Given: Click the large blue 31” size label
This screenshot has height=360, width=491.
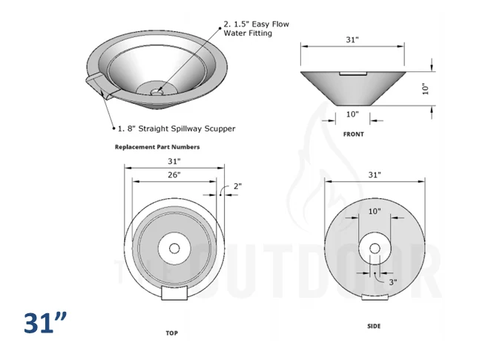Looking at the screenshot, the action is pos(45,322).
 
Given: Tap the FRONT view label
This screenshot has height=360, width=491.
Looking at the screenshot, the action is pos(354,134).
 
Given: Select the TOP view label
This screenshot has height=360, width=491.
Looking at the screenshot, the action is pos(171,333).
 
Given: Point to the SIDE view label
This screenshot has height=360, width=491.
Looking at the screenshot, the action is pos(374,326).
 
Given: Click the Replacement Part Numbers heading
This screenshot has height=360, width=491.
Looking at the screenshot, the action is pos(157,147).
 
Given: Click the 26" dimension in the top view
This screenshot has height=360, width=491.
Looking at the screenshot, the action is pos(174,175).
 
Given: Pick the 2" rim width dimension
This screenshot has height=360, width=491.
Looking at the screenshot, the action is pos(237,186).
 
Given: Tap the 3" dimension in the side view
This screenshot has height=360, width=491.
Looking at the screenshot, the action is pos(393,282).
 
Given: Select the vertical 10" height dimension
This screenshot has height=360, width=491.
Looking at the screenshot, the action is pos(425,89).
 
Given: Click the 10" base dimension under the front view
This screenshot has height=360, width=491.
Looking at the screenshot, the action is pos(352,114).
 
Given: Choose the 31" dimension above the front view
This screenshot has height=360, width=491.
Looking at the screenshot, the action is pos(352,40).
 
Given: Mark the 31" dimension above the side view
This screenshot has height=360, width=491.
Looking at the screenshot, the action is pos(375,175).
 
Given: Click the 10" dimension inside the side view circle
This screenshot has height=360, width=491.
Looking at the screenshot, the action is pos(375,211).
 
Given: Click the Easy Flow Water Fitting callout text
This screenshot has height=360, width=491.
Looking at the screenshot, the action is pos(256,28).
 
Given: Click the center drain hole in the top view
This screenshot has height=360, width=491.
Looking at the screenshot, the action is pos(174,249).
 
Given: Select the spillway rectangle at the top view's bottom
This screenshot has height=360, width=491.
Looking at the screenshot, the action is pos(174,293).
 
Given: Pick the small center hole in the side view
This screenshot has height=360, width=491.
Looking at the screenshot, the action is pos(375,249).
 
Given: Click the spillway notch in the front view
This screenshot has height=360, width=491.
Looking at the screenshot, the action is pos(353,73).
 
